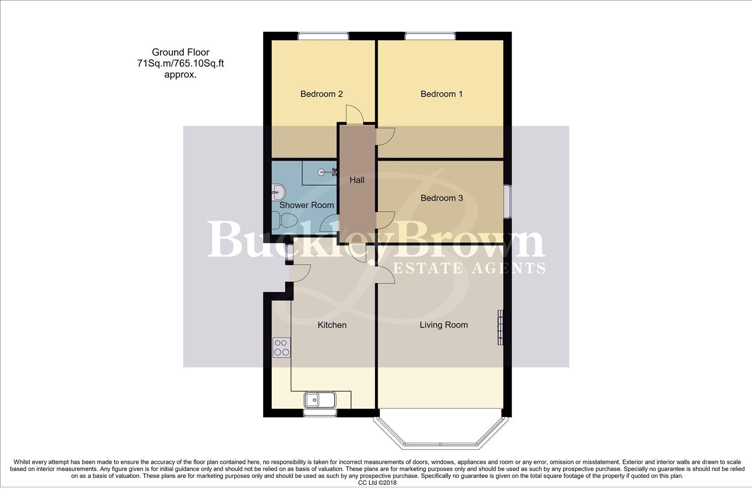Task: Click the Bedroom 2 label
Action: click(x=321, y=94)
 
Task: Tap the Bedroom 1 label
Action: click(x=441, y=94)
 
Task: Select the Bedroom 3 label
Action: click(x=441, y=198)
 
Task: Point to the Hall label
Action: click(x=357, y=180)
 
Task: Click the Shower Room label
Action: click(x=306, y=205)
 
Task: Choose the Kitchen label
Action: click(x=332, y=325)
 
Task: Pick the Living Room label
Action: click(x=443, y=325)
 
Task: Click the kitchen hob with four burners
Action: click(x=281, y=347)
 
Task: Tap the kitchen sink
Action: click(x=320, y=400)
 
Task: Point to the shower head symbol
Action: click(x=324, y=172)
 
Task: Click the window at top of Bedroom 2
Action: click(x=323, y=36)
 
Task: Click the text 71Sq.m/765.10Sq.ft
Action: click(x=180, y=63)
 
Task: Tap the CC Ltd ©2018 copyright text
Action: click(x=377, y=483)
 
